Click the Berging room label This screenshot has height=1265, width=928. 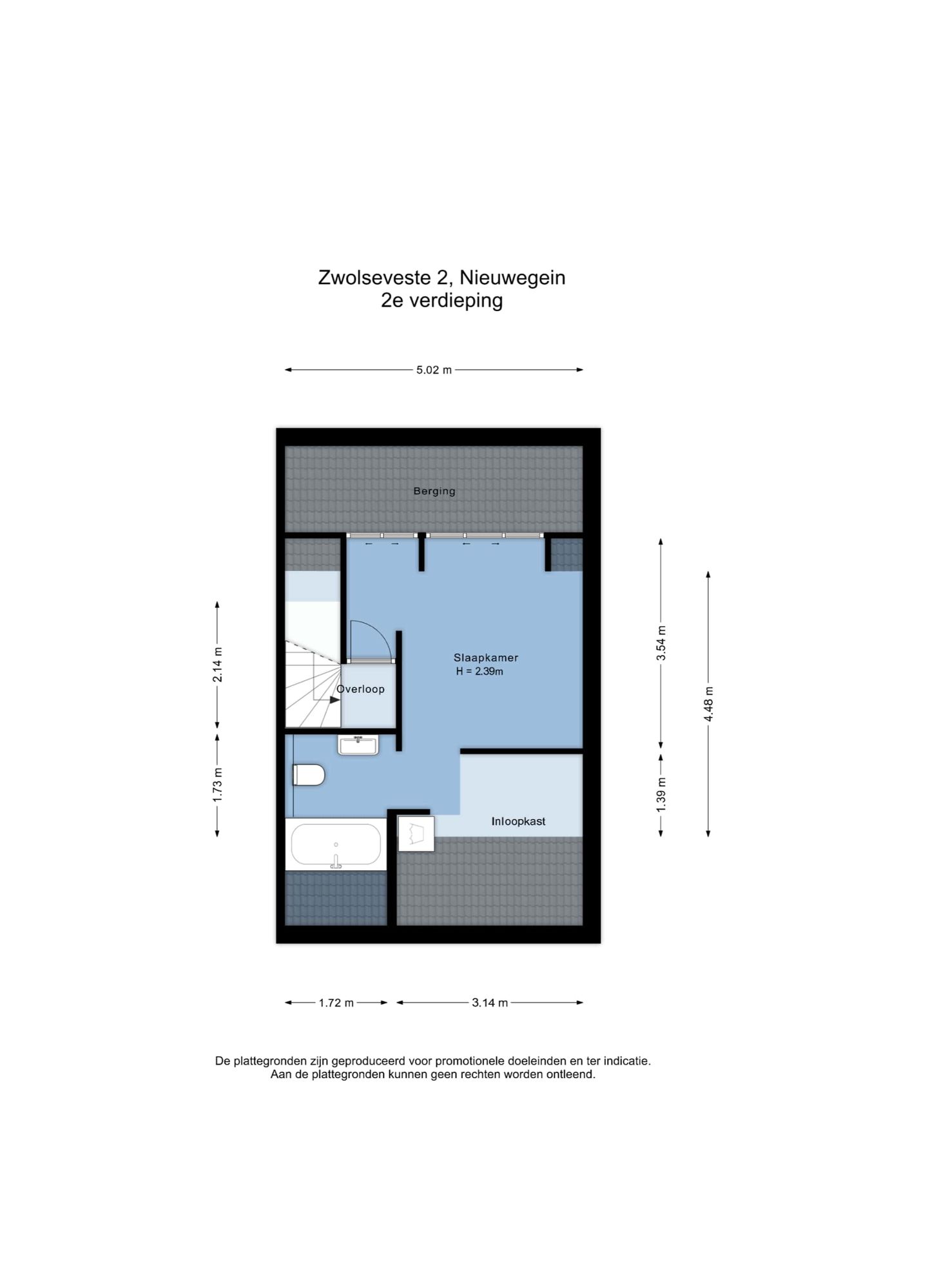click(x=434, y=491)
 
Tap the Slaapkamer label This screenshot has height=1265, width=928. click(x=485, y=658)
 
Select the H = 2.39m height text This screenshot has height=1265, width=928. click(x=479, y=671)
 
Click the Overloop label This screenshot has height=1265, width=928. click(x=361, y=689)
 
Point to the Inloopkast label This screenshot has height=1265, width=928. click(x=518, y=821)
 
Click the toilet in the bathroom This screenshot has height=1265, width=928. click(x=309, y=775)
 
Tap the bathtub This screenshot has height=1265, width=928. click(x=335, y=844)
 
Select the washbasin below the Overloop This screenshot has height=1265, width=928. click(x=358, y=745)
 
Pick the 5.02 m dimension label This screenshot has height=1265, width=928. click(x=434, y=370)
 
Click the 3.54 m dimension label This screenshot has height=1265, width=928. click(x=661, y=642)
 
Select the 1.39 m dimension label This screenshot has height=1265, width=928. click(x=661, y=794)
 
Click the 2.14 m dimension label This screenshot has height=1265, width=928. click(x=218, y=664)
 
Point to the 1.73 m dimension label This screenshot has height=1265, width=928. click(x=218, y=785)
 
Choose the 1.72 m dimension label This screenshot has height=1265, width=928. click(x=336, y=1002)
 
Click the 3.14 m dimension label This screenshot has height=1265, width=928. click(x=490, y=1002)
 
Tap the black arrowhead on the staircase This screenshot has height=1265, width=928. click(x=334, y=699)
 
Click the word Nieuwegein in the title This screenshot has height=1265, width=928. click(x=512, y=278)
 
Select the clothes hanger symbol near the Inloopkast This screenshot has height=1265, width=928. click(x=416, y=833)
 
